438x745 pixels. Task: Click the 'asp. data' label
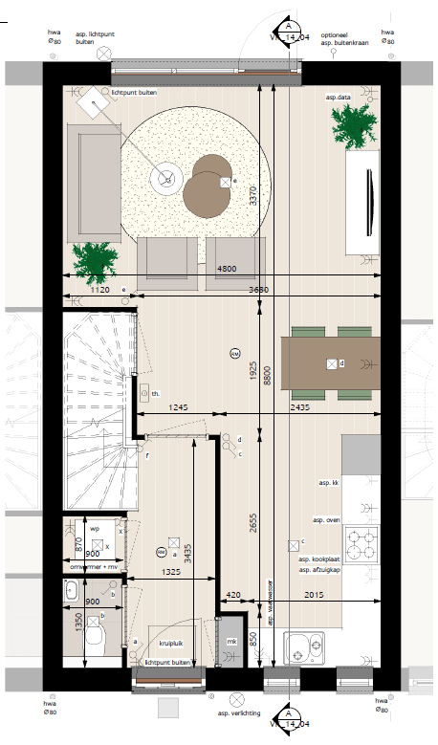tap(338, 97)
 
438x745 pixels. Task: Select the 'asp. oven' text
tap(326, 519)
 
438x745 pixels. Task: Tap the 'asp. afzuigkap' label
tap(318, 569)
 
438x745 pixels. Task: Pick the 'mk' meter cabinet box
tap(231, 642)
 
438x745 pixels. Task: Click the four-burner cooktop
tap(361, 544)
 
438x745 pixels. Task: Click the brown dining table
tap(331, 363)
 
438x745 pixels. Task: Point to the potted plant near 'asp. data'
tap(354, 125)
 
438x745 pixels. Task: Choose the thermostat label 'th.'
tap(155, 393)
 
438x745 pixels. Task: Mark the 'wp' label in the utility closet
tap(94, 527)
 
